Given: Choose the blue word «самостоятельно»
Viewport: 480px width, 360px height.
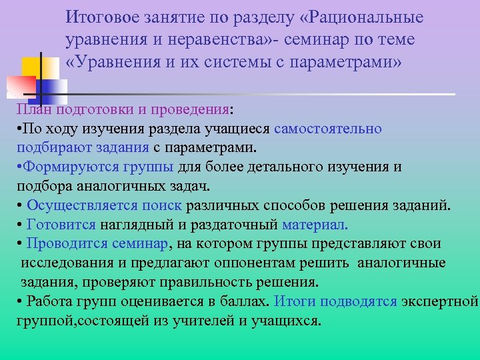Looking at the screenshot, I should click(327, 129).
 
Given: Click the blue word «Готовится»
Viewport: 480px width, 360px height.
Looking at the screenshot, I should click(61, 225).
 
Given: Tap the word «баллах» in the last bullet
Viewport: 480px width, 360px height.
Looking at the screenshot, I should click(247, 301).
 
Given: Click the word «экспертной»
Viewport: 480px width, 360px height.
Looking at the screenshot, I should click(440, 301).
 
